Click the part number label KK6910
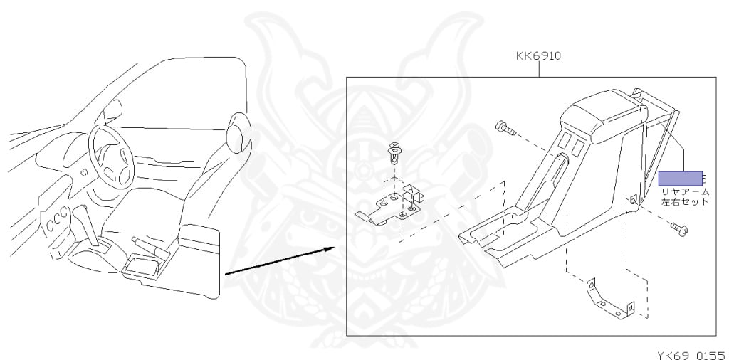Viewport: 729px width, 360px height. (x=539, y=55)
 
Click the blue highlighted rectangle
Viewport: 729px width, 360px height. (x=680, y=178)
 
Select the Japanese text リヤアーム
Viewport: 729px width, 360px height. (x=686, y=192)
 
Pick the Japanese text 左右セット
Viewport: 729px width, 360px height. (x=686, y=202)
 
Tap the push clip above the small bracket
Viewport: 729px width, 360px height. (x=394, y=151)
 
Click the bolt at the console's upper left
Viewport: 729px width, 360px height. (x=504, y=128)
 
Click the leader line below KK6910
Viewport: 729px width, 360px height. (x=539, y=69)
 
